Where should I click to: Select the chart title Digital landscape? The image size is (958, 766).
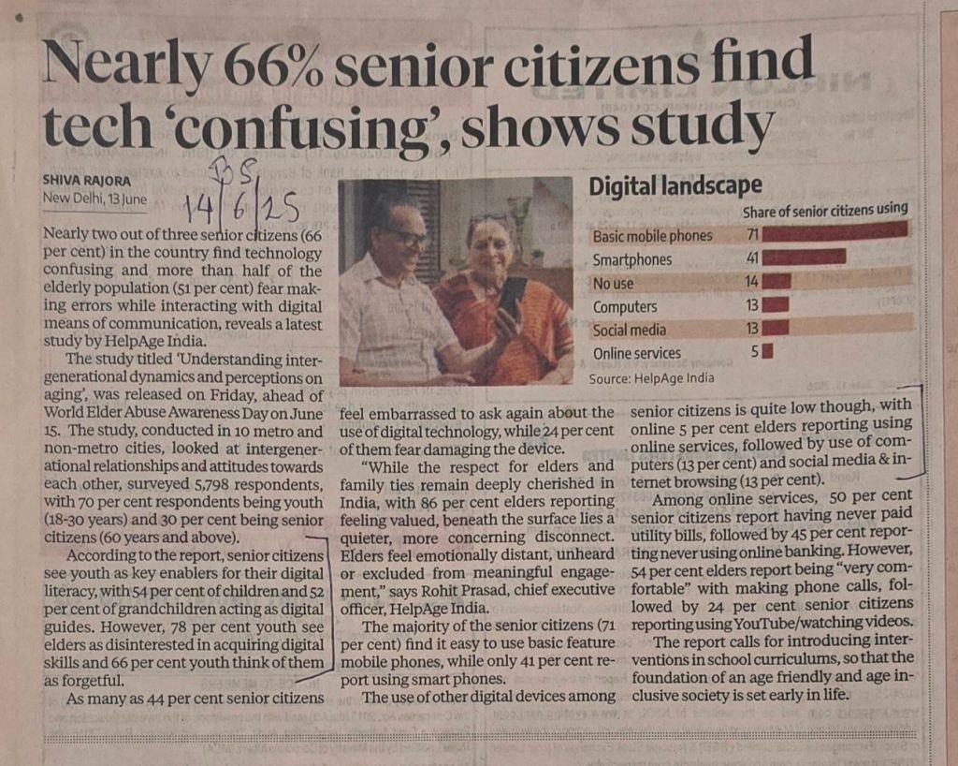[x=675, y=186]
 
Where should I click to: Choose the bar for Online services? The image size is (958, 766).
[x=767, y=352]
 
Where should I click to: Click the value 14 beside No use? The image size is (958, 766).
[x=750, y=281]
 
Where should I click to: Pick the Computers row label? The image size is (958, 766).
[x=625, y=306]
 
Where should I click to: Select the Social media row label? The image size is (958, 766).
[x=630, y=330]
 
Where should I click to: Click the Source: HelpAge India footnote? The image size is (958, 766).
[x=651, y=378]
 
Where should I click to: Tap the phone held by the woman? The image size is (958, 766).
[x=512, y=296]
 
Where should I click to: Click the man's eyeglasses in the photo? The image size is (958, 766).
[x=405, y=237]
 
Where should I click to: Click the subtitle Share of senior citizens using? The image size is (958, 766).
[x=824, y=210]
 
